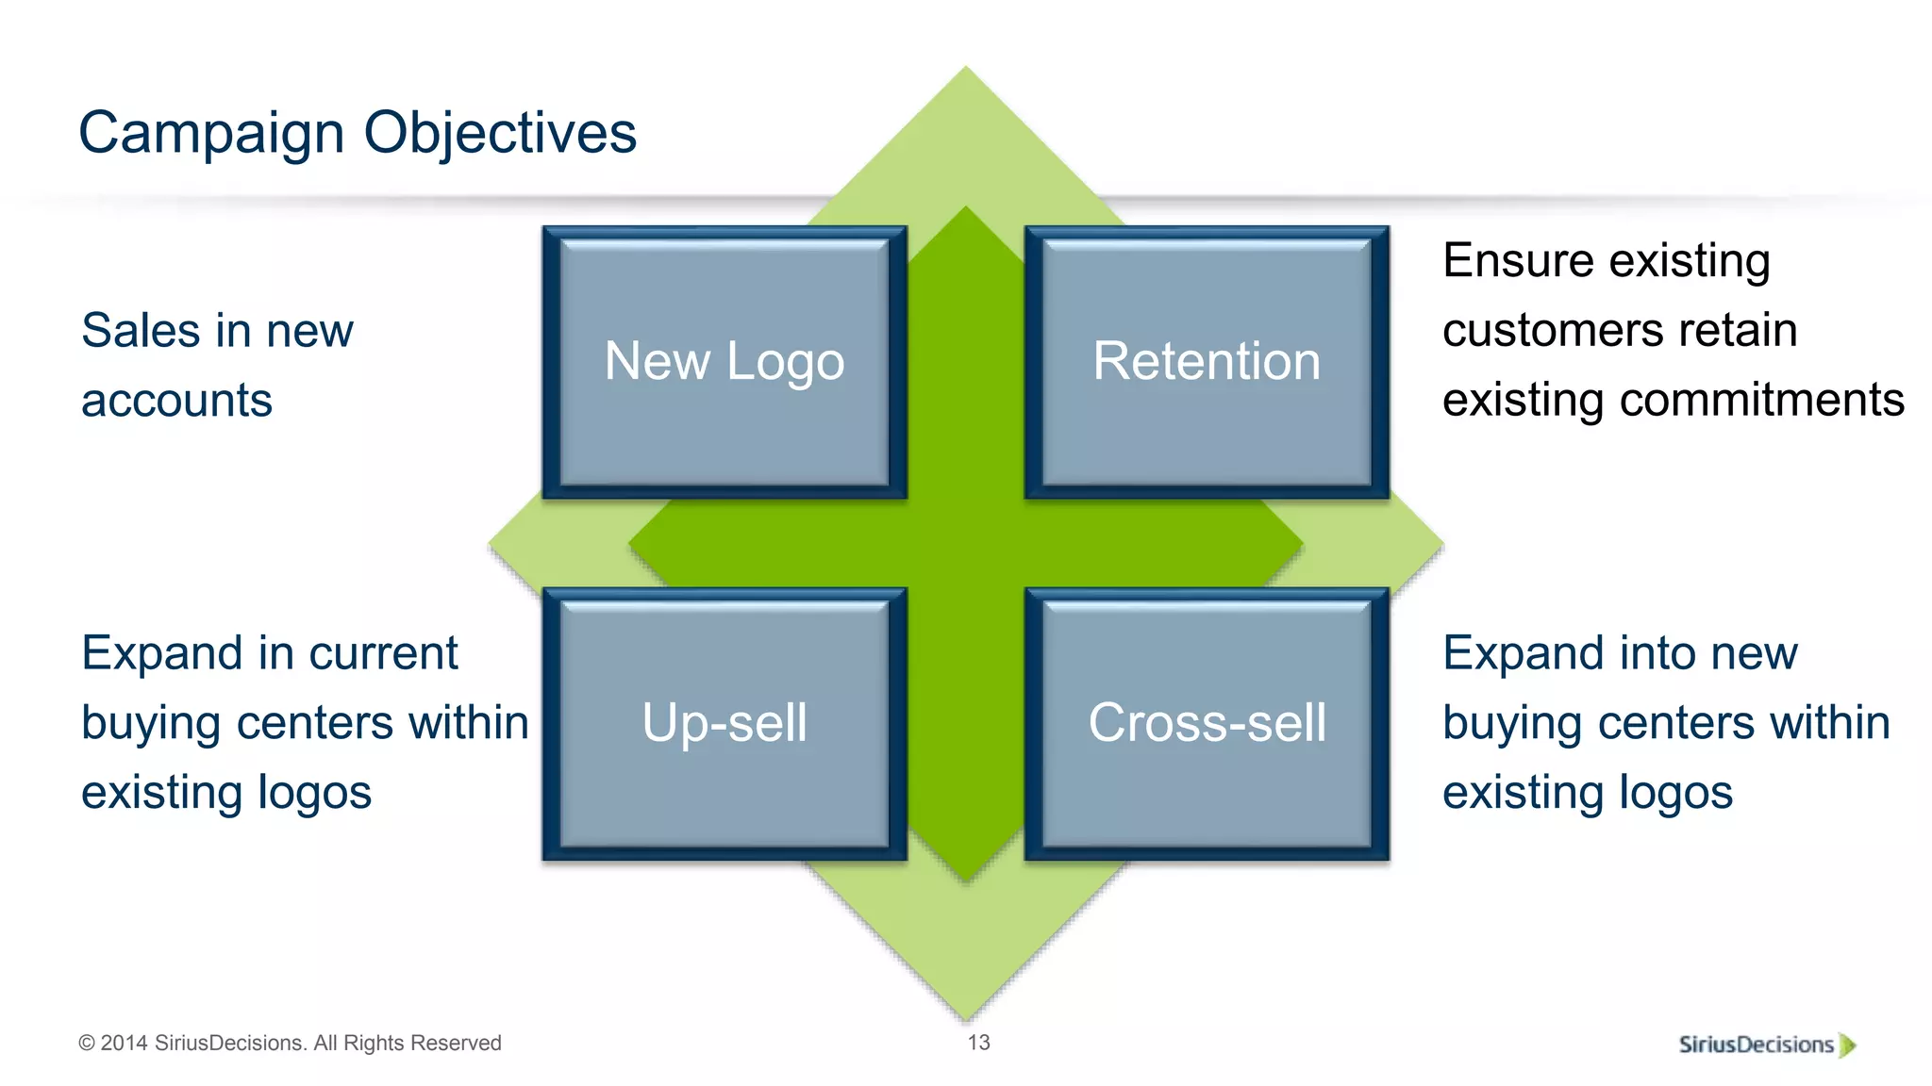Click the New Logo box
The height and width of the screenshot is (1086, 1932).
724,362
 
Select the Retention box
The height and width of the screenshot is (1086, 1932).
1207,362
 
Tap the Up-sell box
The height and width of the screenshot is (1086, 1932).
724,723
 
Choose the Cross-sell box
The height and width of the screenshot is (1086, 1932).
1207,723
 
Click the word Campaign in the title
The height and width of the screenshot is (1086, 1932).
211,133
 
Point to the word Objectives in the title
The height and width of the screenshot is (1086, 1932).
500,133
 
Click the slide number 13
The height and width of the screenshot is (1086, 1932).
978,1043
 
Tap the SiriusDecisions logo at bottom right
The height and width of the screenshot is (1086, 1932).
1757,1045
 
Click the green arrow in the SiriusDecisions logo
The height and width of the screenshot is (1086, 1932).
1847,1045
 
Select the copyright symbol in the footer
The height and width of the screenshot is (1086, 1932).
87,1044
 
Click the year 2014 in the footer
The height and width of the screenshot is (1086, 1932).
125,1044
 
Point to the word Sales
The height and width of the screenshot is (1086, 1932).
141,331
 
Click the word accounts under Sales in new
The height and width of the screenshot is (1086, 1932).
176,401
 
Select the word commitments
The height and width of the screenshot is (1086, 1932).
1761,400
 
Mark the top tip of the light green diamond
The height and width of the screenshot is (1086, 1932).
965,70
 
